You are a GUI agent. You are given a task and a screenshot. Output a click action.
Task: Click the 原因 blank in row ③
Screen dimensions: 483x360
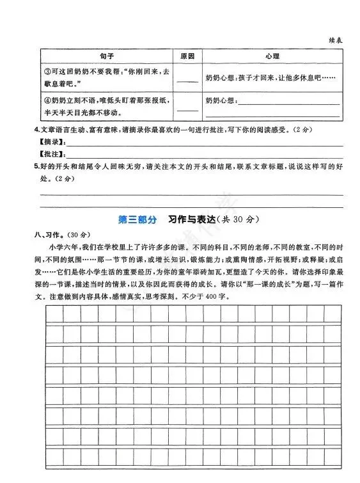(x=187, y=81)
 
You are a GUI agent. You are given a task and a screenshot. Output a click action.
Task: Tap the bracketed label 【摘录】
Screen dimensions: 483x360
(x=52, y=142)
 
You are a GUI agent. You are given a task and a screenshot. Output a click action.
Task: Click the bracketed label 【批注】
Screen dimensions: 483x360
(x=52, y=154)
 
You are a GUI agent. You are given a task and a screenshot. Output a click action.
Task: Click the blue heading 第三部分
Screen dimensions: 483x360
(x=137, y=219)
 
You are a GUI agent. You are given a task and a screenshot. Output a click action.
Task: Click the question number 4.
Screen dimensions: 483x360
(x=37, y=131)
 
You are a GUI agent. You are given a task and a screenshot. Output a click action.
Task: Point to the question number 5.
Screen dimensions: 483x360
(x=37, y=167)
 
